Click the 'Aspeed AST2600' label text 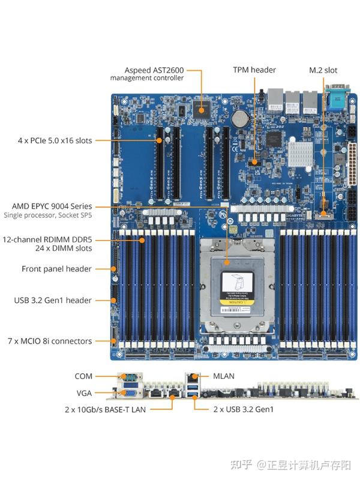click(x=154, y=70)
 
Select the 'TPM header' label click(x=254, y=70)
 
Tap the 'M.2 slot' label click(x=324, y=70)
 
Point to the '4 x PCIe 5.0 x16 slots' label click(x=55, y=140)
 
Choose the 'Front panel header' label click(x=56, y=269)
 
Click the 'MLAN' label click(x=224, y=376)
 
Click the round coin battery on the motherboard click(x=241, y=115)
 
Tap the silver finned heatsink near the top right click(x=302, y=154)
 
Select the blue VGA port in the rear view click(x=129, y=393)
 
